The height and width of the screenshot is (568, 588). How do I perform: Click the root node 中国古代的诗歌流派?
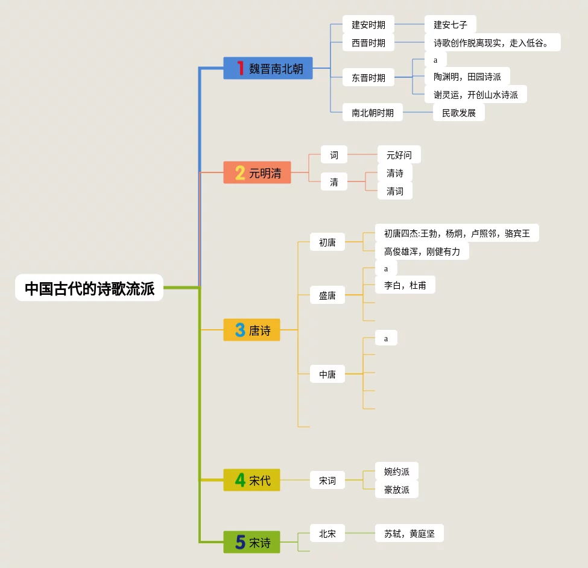click(89, 288)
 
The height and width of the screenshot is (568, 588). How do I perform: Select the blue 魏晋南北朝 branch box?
click(268, 68)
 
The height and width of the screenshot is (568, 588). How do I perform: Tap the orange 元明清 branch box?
click(258, 173)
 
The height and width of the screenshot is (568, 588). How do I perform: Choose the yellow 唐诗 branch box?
click(252, 330)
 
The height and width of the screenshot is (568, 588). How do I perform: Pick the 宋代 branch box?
click(252, 481)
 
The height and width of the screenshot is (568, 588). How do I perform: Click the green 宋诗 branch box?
click(252, 542)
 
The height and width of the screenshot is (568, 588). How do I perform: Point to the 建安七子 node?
click(450, 25)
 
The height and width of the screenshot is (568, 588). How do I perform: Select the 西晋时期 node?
click(368, 43)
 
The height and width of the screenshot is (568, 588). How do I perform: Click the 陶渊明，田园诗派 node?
click(467, 77)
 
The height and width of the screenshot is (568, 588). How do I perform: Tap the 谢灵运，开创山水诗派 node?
click(475, 95)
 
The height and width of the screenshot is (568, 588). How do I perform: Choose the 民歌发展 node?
click(458, 113)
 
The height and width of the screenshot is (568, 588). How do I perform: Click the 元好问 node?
click(399, 155)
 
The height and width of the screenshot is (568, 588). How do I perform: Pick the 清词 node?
click(394, 191)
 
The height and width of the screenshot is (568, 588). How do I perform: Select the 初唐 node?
click(327, 242)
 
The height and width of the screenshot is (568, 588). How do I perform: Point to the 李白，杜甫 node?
click(405, 285)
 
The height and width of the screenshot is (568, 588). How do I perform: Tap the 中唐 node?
click(327, 374)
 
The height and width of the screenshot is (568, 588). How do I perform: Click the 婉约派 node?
click(396, 472)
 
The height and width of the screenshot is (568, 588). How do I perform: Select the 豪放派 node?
click(396, 490)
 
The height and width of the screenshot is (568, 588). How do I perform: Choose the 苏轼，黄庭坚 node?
click(409, 534)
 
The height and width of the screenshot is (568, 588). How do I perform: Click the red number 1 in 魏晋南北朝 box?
click(240, 68)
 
